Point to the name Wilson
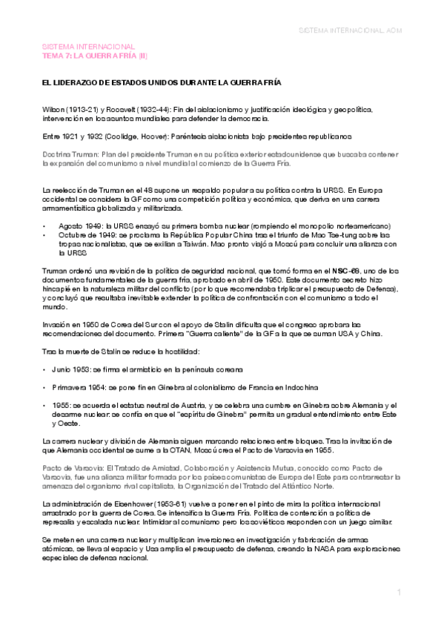(x=53, y=108)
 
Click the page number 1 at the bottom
(x=398, y=593)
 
